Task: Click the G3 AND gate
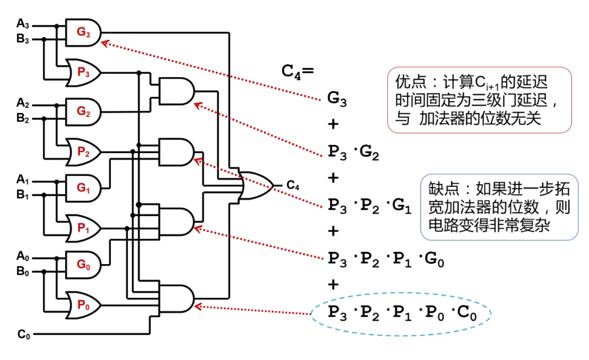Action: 83,33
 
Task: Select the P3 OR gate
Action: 83,71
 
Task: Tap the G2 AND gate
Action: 83,111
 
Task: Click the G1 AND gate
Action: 83,187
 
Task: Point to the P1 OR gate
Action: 83,227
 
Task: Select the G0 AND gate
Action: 83,265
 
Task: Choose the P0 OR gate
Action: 83,303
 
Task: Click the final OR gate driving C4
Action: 256,186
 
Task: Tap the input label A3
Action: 23,25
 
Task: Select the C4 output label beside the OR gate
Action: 293,185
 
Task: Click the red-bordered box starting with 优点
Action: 479,100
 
